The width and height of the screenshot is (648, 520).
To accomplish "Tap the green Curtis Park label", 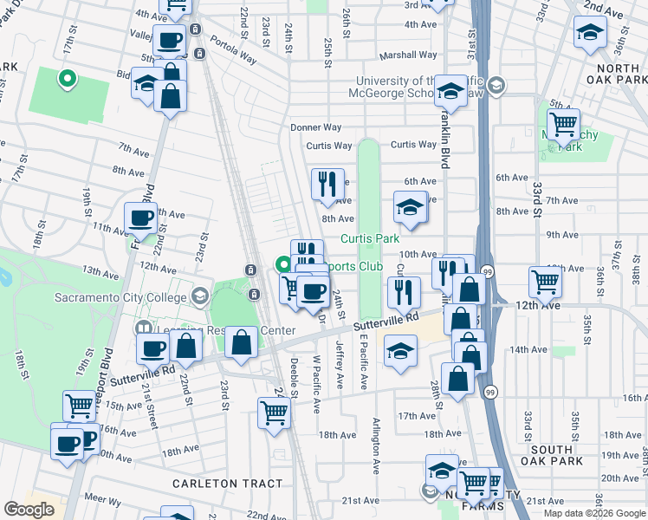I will click(369, 238).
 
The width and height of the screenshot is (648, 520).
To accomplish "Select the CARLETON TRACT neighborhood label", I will click(227, 484).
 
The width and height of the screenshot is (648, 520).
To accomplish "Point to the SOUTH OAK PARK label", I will click(552, 455).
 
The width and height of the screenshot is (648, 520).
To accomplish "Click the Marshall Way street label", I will click(408, 55).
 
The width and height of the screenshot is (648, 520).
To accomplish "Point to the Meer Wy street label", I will click(103, 500).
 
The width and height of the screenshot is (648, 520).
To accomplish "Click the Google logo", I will click(29, 510).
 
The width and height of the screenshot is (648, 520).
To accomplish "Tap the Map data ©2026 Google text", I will click(594, 513).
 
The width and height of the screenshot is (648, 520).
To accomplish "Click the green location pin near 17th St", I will click(66, 80).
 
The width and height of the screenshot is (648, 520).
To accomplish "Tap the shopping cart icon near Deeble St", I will click(274, 412).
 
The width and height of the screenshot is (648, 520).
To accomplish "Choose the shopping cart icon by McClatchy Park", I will click(564, 124).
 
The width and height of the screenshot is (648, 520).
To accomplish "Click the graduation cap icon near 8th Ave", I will click(411, 207).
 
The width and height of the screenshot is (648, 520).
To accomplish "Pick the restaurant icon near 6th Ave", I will click(327, 184).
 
